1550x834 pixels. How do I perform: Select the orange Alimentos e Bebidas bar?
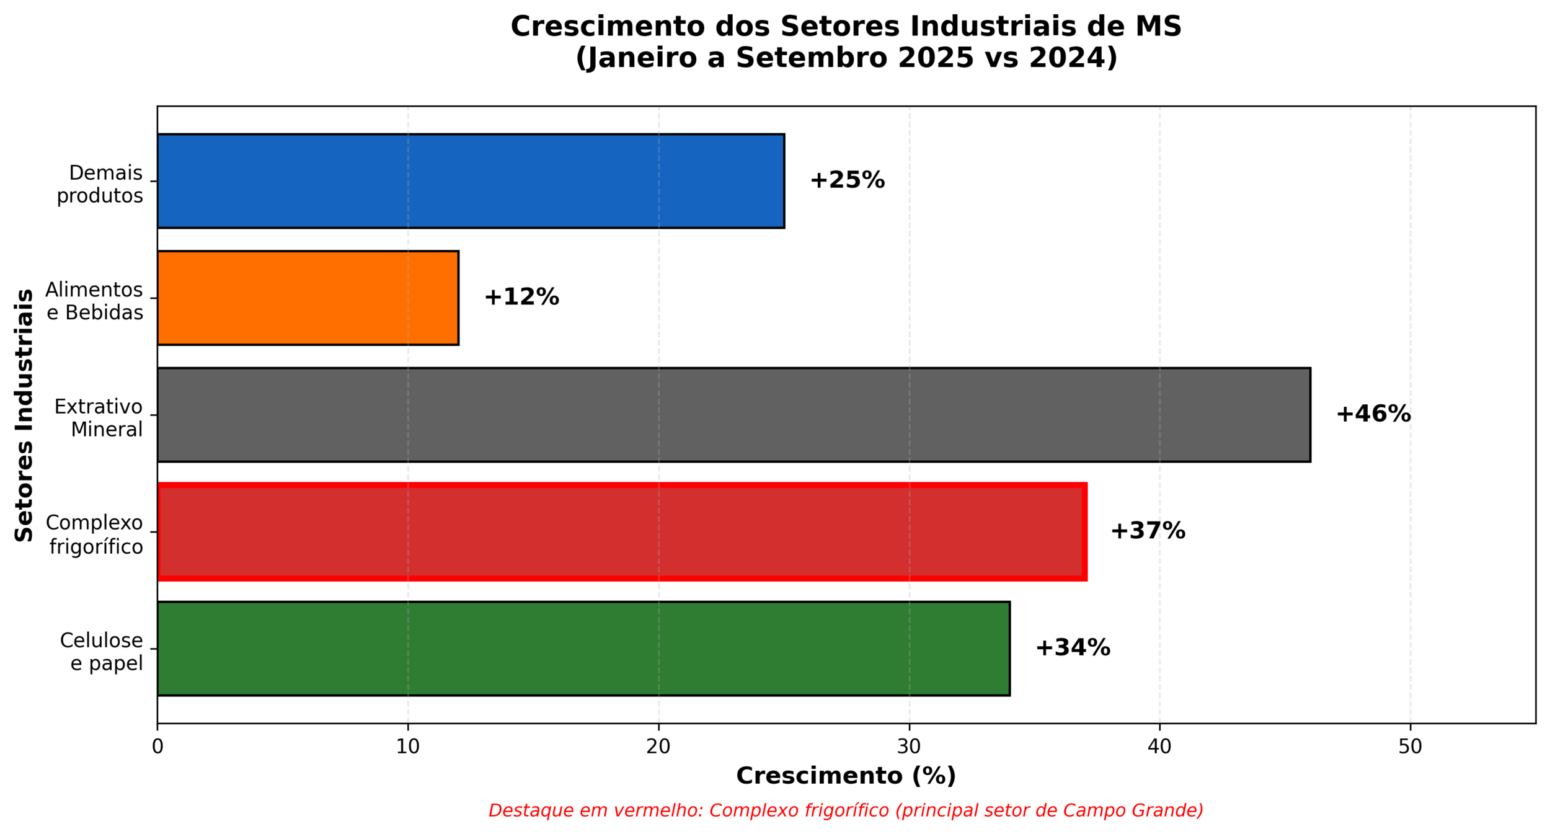[x=308, y=298]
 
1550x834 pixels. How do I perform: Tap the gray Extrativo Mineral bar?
[x=733, y=415]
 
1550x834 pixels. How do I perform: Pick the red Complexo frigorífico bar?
[x=621, y=532]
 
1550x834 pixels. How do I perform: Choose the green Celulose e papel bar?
[x=583, y=649]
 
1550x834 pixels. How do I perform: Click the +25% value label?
[x=847, y=180]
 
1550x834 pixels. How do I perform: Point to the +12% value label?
[x=521, y=298]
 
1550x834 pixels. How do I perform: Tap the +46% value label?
[x=1373, y=415]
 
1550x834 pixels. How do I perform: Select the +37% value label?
[x=1148, y=531]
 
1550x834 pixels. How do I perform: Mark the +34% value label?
[x=1073, y=649]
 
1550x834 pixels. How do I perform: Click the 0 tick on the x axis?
[x=157, y=747]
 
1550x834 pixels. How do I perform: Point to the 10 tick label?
[x=408, y=747]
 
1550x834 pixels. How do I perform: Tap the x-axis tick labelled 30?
[x=909, y=747]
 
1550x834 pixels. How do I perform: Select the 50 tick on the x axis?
[x=1410, y=747]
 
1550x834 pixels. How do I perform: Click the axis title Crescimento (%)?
[x=846, y=776]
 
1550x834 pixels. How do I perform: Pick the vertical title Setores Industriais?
[x=24, y=415]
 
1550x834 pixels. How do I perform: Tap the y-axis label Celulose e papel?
[x=102, y=652]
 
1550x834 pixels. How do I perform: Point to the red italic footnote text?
[x=846, y=811]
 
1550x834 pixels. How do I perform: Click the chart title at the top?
[x=846, y=42]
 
